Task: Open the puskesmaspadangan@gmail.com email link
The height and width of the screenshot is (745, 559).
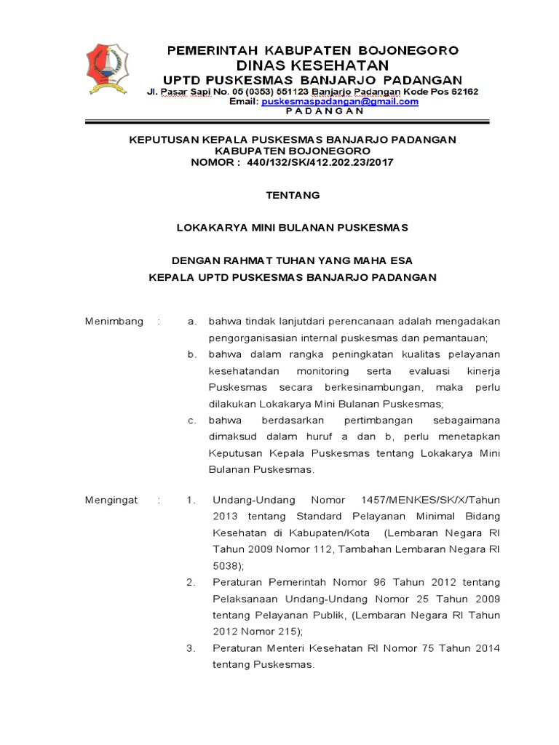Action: (x=340, y=102)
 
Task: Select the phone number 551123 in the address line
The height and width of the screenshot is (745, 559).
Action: (x=290, y=92)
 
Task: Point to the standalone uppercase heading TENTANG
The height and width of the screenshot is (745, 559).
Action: (x=293, y=195)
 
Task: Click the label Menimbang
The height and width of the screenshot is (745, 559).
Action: (x=114, y=321)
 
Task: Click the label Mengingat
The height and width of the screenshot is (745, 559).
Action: (x=111, y=500)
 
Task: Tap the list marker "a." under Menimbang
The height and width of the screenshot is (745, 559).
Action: (x=191, y=321)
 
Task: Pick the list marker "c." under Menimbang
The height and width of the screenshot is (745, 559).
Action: (x=191, y=421)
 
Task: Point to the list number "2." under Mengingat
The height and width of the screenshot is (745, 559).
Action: (x=191, y=582)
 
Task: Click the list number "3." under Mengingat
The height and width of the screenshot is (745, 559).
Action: (x=191, y=648)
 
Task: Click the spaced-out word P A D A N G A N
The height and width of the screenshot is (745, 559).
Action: (x=313, y=111)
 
